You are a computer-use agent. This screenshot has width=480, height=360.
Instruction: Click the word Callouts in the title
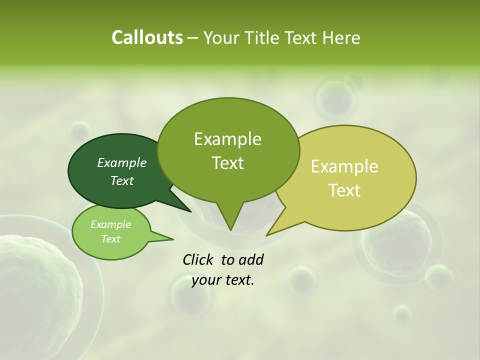(x=147, y=37)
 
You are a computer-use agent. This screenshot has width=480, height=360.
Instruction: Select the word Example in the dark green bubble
(x=121, y=162)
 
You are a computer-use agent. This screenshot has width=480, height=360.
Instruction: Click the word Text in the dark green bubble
(x=121, y=180)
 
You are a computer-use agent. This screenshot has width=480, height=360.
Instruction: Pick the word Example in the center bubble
(x=227, y=138)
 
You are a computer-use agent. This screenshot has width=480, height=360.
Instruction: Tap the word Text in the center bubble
(x=227, y=162)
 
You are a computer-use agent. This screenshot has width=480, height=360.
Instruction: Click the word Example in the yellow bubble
(x=344, y=166)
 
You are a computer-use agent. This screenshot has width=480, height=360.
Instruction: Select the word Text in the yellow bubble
(x=344, y=190)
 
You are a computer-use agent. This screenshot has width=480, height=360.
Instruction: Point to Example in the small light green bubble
(x=110, y=224)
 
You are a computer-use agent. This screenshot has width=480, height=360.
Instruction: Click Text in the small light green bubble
(x=110, y=239)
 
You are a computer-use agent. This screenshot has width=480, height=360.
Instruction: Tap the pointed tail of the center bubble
(x=230, y=220)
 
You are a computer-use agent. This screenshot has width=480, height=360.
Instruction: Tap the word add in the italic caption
(x=251, y=259)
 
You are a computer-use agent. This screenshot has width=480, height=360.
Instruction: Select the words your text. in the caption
(x=223, y=280)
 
